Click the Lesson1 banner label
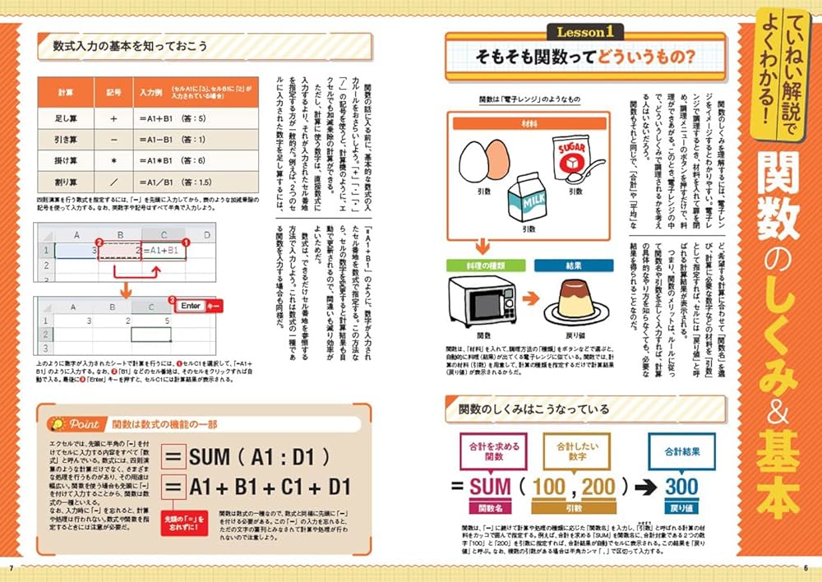point(585,32)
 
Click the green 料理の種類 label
point(483,266)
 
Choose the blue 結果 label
point(573,266)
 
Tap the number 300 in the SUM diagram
point(681,487)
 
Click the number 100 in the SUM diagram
point(549,487)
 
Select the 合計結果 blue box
point(681,450)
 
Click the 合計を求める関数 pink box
point(491,450)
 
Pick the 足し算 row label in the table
point(66,118)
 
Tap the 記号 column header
point(112,92)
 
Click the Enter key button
point(191,305)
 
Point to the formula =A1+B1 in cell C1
point(164,251)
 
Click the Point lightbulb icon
point(58,424)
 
